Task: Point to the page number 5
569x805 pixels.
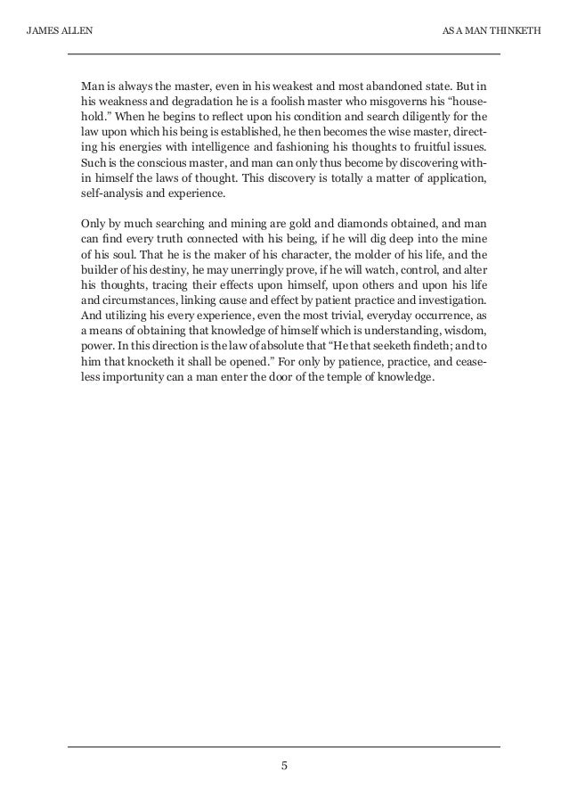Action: (284, 764)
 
